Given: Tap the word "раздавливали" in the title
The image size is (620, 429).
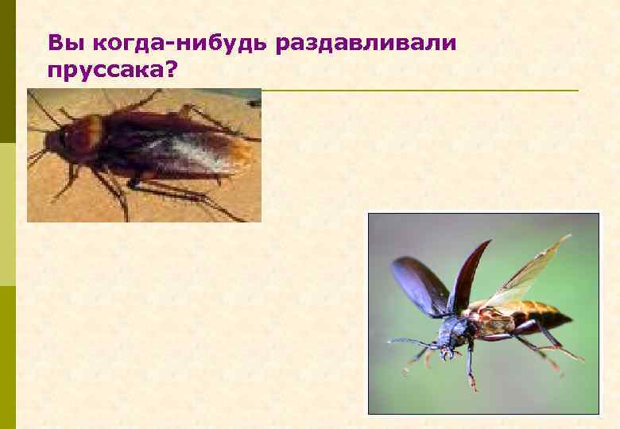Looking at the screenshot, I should click(x=366, y=42).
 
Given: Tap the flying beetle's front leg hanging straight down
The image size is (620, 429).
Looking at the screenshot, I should click(x=469, y=365).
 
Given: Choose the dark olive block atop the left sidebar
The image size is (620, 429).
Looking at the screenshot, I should click(x=7, y=71).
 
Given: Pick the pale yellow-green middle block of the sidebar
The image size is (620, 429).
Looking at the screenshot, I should click(x=7, y=214).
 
